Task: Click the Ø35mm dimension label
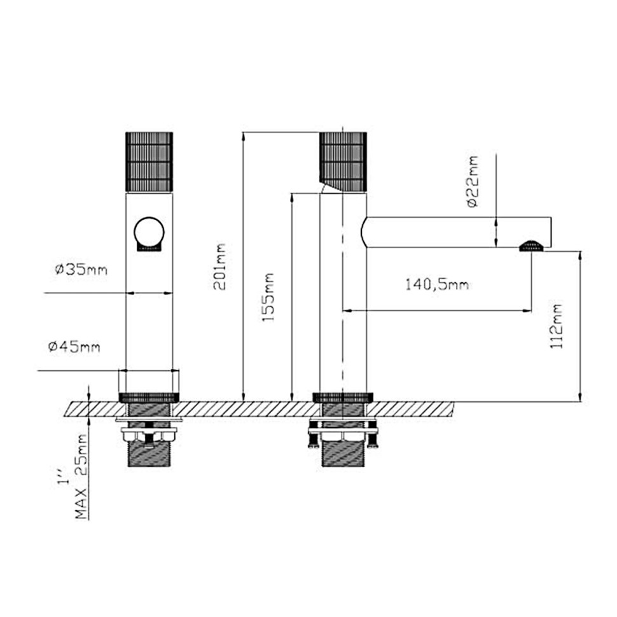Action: pyautogui.click(x=81, y=269)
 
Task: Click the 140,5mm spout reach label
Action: pyautogui.click(x=437, y=284)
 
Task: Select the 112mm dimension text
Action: pyautogui.click(x=558, y=325)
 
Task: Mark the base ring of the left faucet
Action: pyautogui.click(x=149, y=397)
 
